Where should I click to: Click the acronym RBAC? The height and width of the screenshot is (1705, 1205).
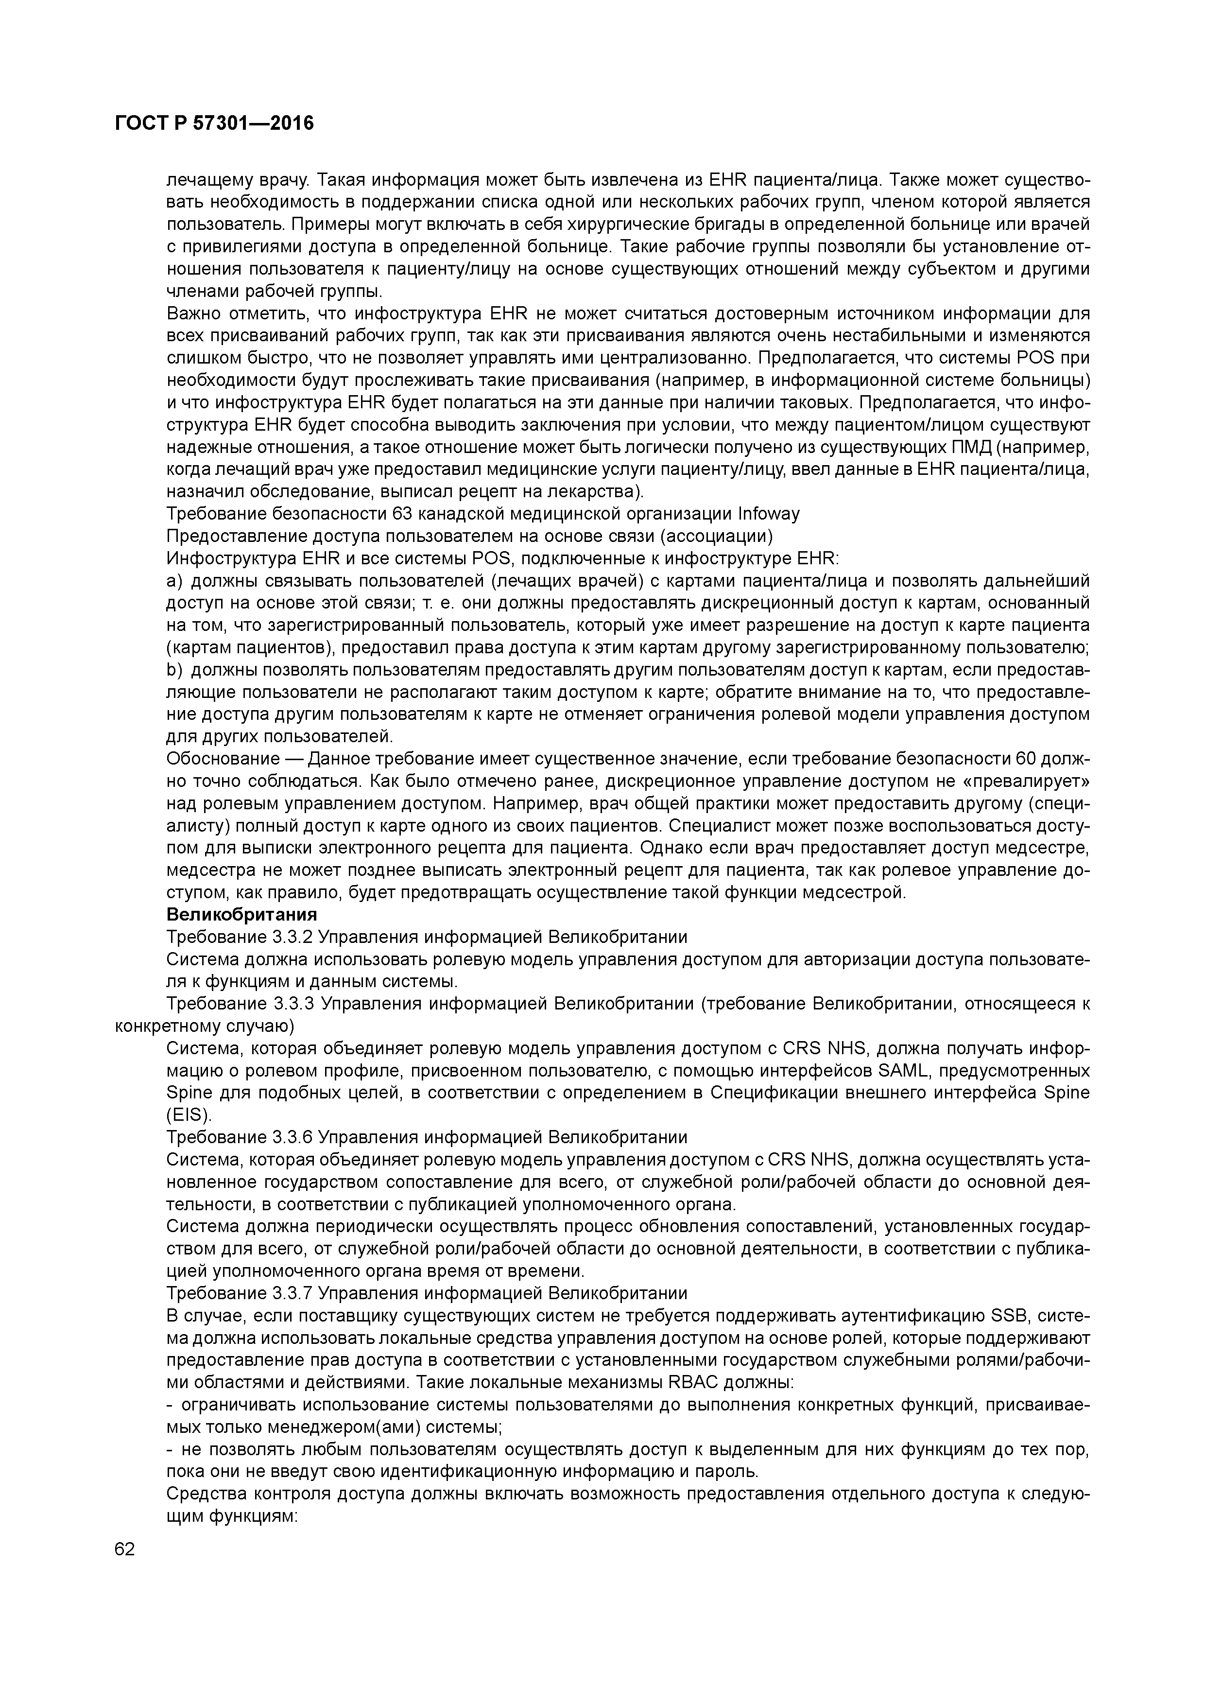(x=694, y=1382)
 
